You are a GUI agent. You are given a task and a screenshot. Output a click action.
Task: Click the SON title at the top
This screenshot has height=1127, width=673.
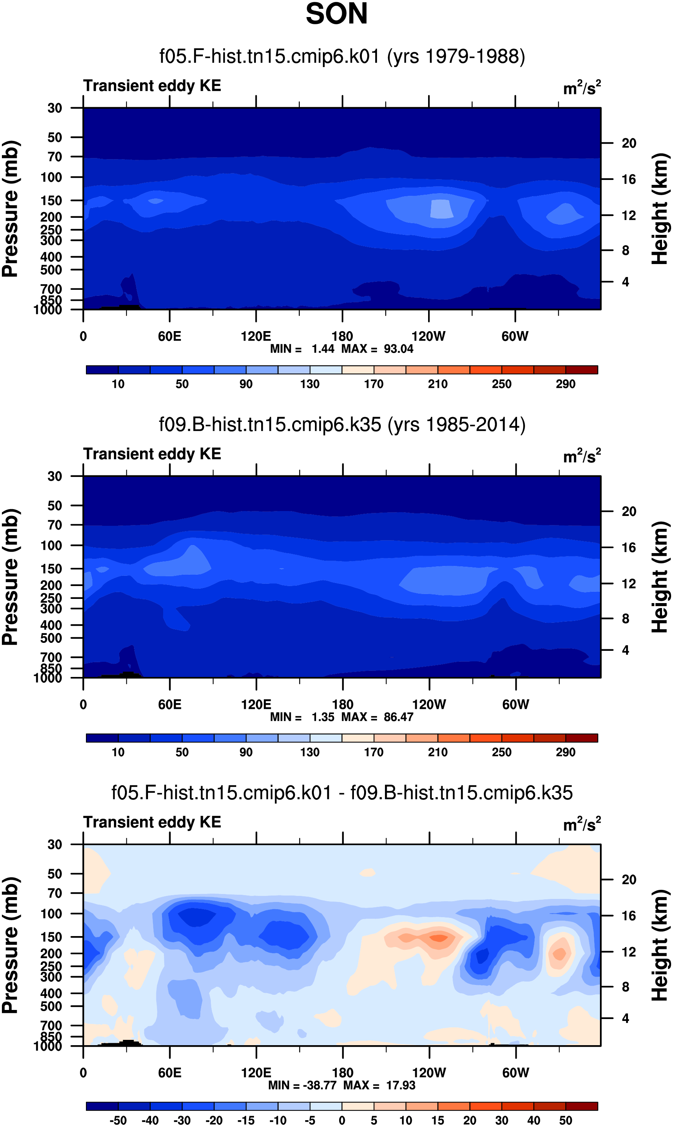coord(336,14)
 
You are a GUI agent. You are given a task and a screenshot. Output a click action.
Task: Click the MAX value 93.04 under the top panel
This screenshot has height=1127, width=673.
coord(399,349)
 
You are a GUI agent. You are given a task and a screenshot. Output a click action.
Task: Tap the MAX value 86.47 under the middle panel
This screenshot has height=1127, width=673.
coord(399,717)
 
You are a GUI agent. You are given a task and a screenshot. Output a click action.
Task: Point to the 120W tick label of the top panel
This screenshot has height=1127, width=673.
coord(428,336)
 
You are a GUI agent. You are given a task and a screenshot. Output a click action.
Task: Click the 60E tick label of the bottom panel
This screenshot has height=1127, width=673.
coord(170,1073)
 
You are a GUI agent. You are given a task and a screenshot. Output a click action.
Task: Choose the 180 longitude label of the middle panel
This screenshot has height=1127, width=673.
coord(343,705)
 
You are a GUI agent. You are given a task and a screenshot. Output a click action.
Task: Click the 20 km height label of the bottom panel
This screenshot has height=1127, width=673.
coord(629,880)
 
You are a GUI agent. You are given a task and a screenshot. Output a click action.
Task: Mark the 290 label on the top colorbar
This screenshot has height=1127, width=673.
coord(566,384)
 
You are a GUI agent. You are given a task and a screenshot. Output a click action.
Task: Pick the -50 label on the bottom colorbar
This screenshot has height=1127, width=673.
coord(118,1120)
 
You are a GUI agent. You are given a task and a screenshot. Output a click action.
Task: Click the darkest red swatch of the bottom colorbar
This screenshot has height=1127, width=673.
coord(582,1106)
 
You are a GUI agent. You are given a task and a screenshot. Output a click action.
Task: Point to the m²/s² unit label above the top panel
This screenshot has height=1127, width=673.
coord(582,88)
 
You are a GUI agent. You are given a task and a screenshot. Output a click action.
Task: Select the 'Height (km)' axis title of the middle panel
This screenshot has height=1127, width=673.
coord(660,577)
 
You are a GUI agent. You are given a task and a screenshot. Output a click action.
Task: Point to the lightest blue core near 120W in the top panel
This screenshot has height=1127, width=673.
coord(441,209)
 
